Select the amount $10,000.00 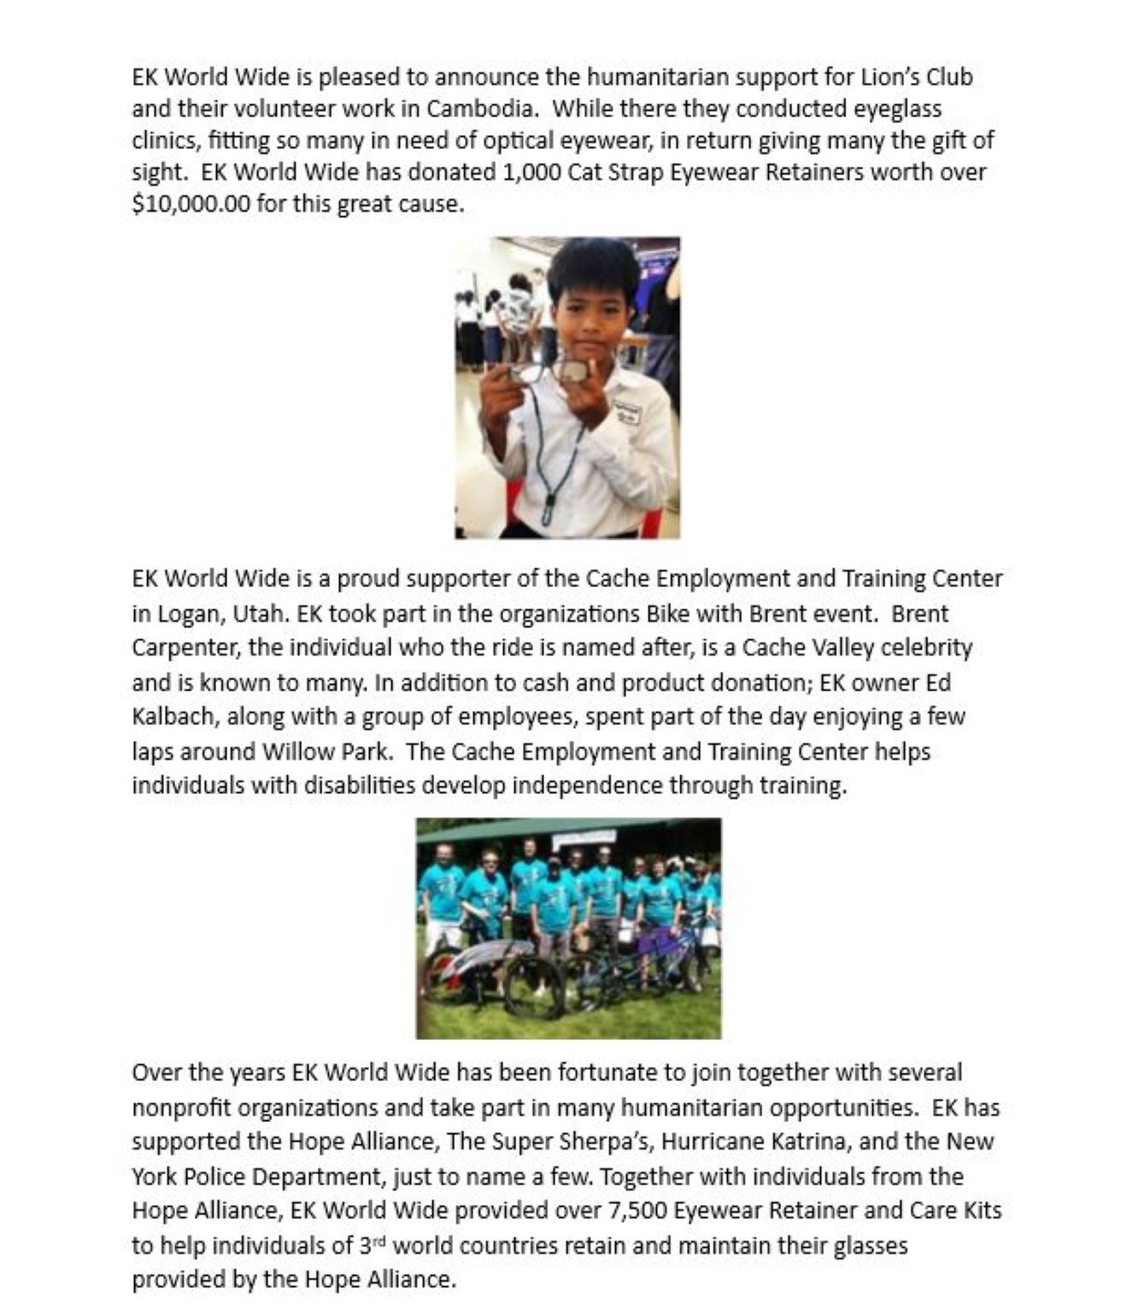(191, 204)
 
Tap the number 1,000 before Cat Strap (532, 173)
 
